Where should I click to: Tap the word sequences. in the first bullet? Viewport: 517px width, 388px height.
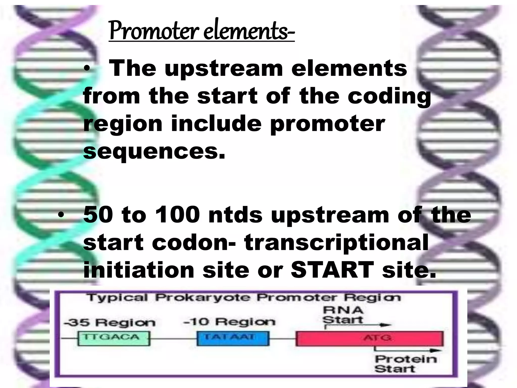(154, 152)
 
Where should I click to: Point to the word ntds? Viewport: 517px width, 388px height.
(235, 215)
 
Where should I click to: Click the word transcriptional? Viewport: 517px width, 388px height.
(336, 243)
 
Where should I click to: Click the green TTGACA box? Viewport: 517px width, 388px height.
(113, 338)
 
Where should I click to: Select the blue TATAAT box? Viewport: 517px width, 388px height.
(233, 338)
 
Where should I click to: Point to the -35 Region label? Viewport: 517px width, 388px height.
(110, 323)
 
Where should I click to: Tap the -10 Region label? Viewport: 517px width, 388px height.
(229, 322)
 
